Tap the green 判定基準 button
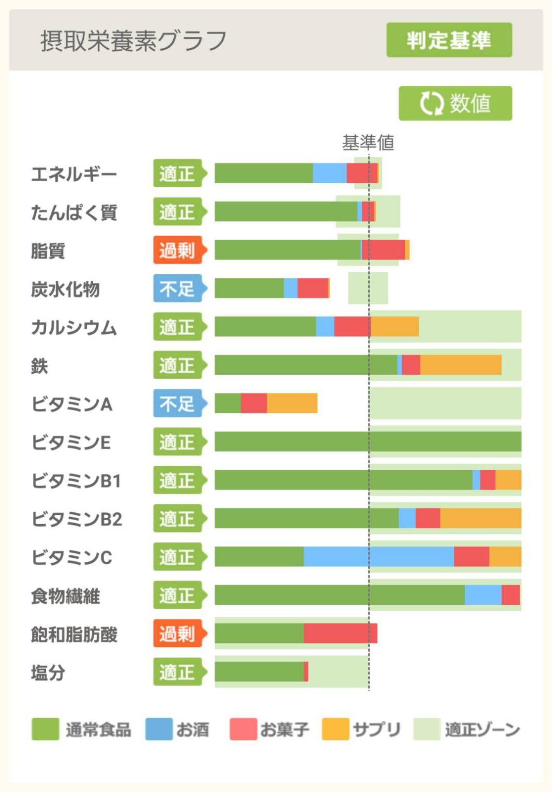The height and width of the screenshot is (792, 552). [x=449, y=40]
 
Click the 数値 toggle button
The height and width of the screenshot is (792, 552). [x=455, y=103]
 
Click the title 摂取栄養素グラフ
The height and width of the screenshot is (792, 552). [x=133, y=41]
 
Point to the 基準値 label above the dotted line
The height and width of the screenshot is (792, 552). [x=368, y=143]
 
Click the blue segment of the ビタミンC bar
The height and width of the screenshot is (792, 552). [x=378, y=557]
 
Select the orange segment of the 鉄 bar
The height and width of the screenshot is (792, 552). [x=460, y=365]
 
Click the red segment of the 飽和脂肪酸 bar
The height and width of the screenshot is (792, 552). [x=340, y=634]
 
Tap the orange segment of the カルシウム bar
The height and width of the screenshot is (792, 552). [x=394, y=327]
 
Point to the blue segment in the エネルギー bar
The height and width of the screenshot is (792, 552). [x=329, y=173]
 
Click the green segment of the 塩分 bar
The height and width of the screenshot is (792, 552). [x=259, y=672]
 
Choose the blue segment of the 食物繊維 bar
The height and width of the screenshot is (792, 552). [x=483, y=595]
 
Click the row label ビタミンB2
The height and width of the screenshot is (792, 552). [x=77, y=519]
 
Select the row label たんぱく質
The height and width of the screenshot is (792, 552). [x=74, y=212]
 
